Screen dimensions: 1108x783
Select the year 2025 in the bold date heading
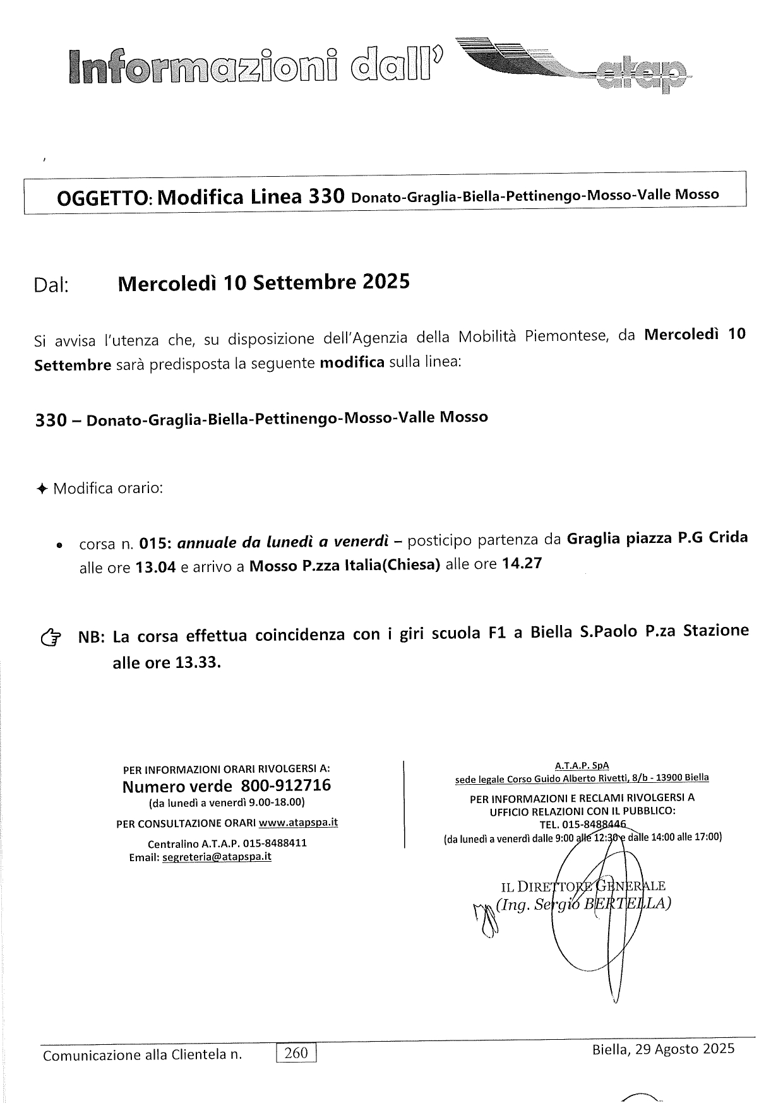386,282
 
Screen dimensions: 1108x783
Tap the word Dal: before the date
51,285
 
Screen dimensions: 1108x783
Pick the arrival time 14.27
521,564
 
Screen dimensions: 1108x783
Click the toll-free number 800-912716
285,786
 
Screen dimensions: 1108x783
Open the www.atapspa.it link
298,823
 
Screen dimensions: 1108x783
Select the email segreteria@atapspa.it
217,857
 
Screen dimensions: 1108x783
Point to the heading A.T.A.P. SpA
582,765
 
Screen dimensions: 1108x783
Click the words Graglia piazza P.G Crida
657,539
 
